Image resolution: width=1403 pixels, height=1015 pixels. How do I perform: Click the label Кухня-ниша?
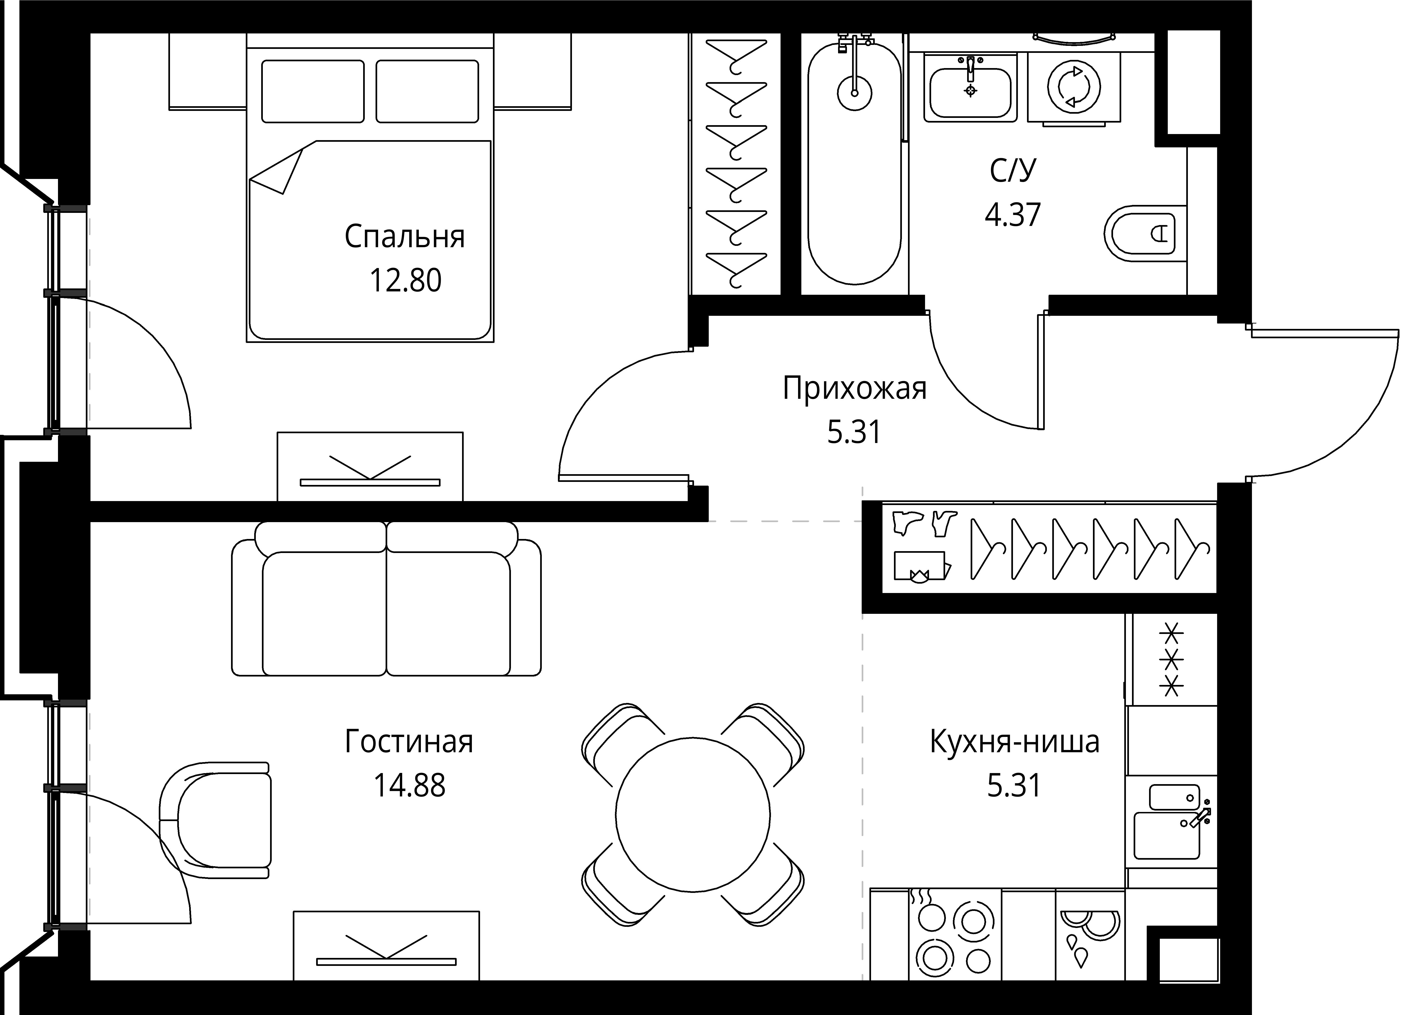(1015, 742)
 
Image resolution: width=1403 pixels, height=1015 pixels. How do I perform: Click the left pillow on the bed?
(312, 91)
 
